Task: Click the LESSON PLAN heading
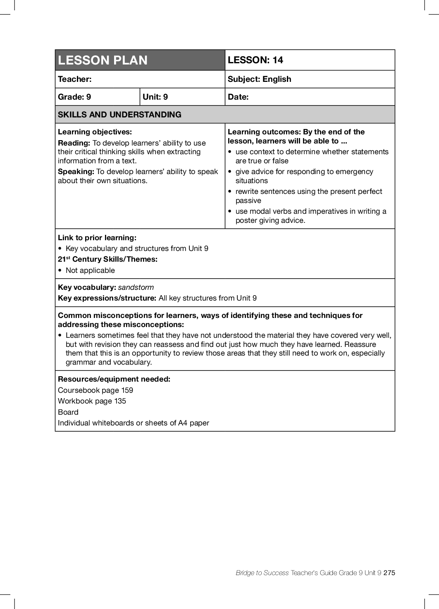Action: click(103, 60)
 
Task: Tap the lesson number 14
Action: click(278, 60)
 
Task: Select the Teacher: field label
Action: click(75, 79)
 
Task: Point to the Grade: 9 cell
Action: click(74, 97)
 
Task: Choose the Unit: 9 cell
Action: click(155, 97)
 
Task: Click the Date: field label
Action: click(238, 97)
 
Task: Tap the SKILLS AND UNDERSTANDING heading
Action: click(119, 115)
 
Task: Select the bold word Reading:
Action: click(74, 143)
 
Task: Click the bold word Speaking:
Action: click(76, 172)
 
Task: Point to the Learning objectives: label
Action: click(95, 132)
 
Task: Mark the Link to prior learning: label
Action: click(97, 238)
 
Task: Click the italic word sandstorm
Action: click(136, 287)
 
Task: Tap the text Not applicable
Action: click(90, 270)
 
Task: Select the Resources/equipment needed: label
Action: click(114, 379)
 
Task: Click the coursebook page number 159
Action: click(127, 390)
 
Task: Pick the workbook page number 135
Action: click(120, 401)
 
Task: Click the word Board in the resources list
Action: click(68, 412)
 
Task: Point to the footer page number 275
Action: click(389, 573)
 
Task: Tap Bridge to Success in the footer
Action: click(262, 573)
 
